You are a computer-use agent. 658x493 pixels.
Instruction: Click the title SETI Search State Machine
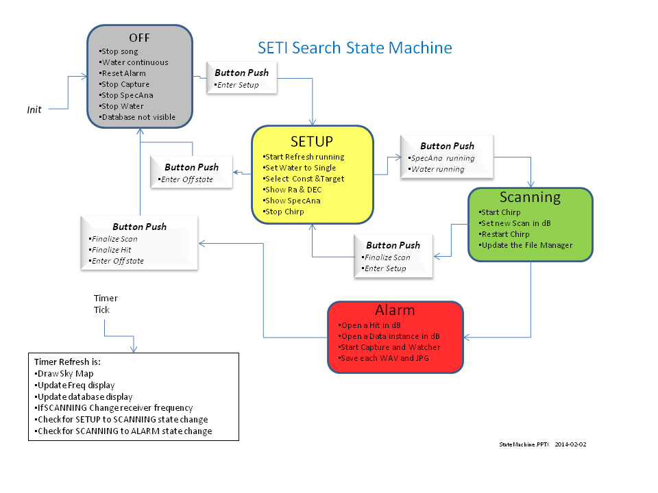pos(354,48)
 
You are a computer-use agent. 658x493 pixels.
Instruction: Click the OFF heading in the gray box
pos(139,37)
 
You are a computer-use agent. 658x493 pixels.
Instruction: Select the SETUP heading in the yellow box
pos(312,141)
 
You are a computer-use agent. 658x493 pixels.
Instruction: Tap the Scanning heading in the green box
pos(530,197)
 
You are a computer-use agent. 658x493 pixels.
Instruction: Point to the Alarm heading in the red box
pos(396,310)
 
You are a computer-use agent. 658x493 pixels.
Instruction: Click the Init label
pos(34,110)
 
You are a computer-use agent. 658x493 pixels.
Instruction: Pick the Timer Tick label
pos(106,304)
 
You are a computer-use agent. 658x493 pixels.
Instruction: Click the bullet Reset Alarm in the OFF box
pos(123,73)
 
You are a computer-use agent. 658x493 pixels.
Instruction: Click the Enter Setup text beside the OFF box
pos(237,85)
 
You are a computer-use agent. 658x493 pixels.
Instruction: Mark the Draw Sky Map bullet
pos(64,373)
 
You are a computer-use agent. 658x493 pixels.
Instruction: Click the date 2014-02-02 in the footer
pos(570,444)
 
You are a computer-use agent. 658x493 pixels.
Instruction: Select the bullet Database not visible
pos(138,117)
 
